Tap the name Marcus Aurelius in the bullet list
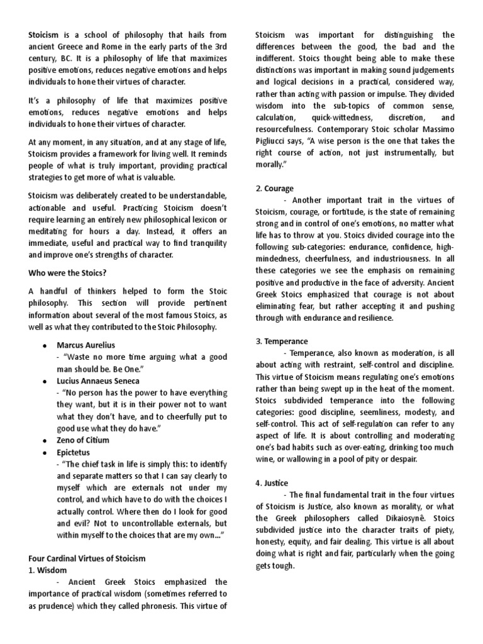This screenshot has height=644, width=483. [x=86, y=346]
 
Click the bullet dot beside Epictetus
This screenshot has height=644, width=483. [x=45, y=452]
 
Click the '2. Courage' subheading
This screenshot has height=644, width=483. [x=275, y=188]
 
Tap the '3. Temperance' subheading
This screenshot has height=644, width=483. [x=281, y=341]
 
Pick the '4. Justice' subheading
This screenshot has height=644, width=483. [x=272, y=482]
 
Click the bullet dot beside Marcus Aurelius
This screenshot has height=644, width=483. [x=45, y=346]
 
